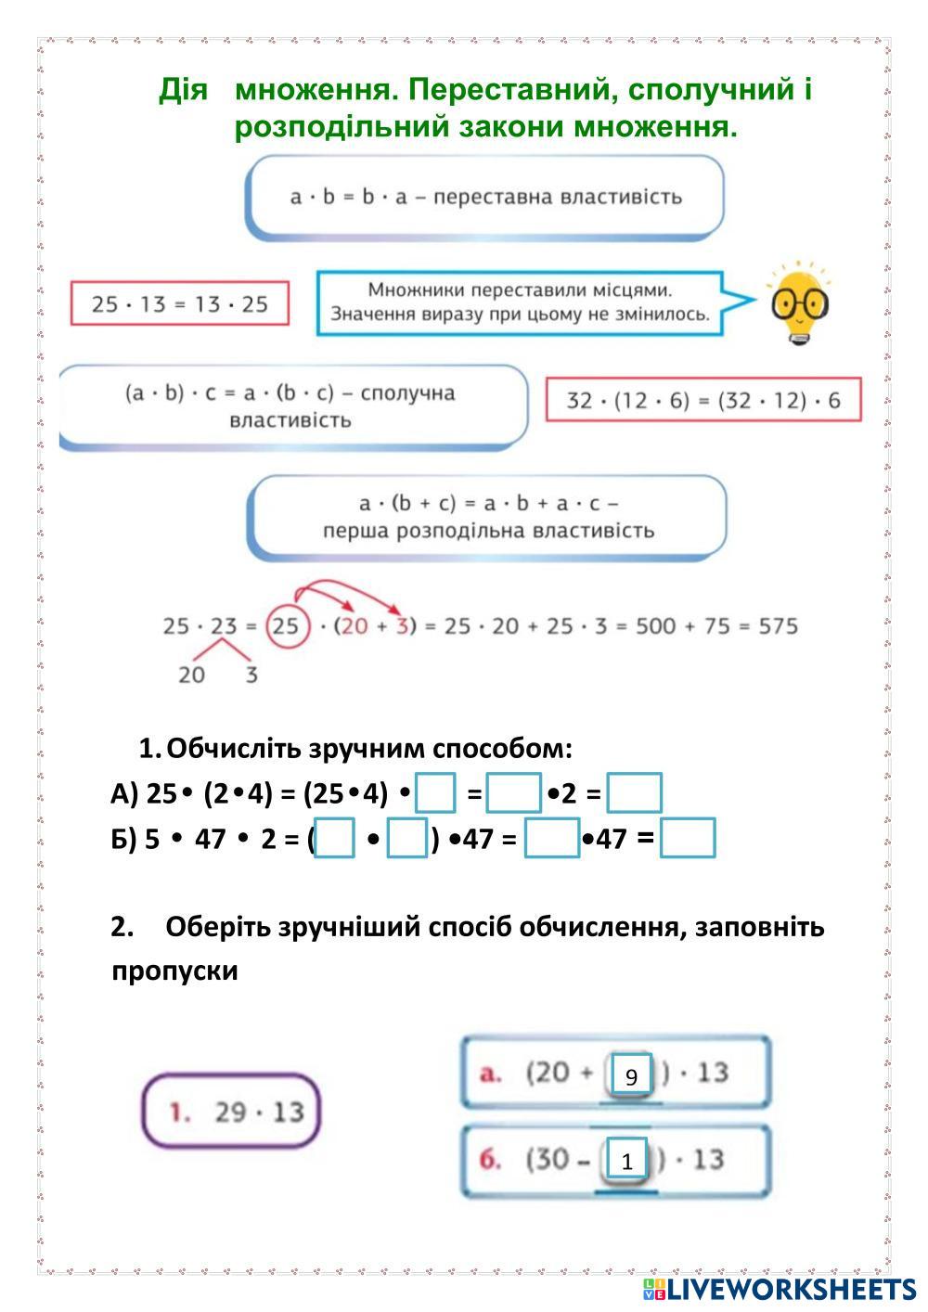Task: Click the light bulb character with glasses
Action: click(x=799, y=303)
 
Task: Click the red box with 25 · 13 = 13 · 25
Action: click(x=180, y=303)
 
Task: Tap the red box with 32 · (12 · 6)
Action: click(x=703, y=400)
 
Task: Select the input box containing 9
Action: click(x=631, y=1076)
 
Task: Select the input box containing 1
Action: click(x=627, y=1160)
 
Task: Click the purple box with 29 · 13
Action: click(x=231, y=1111)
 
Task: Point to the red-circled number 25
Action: click(x=286, y=626)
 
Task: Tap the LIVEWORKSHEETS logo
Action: click(x=780, y=1288)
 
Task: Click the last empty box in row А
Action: click(x=635, y=793)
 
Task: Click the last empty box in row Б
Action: click(x=688, y=838)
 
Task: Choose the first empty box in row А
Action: click(x=435, y=793)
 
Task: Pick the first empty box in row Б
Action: click(x=334, y=838)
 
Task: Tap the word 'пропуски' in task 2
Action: click(x=174, y=971)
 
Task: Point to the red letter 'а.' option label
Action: click(x=491, y=1074)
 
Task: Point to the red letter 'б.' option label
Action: click(x=491, y=1159)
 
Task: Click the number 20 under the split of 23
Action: click(x=191, y=675)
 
